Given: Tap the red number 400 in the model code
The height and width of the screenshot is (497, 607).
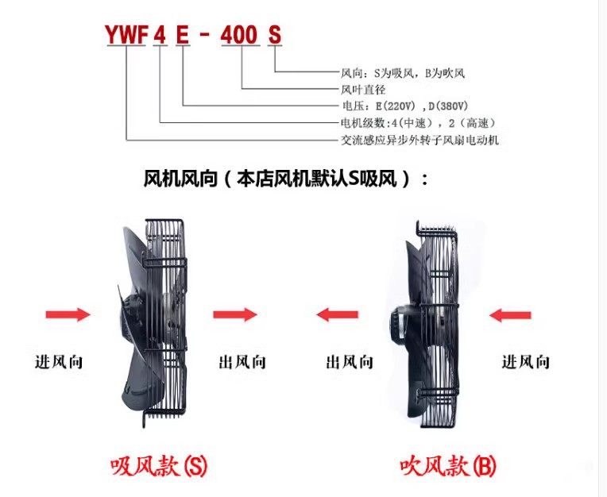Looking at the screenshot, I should tap(240, 35).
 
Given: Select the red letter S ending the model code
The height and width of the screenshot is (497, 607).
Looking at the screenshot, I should tap(275, 35).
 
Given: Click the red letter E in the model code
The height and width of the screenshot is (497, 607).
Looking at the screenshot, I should tap(183, 35).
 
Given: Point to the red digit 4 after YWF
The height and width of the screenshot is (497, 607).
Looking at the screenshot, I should tap(160, 35).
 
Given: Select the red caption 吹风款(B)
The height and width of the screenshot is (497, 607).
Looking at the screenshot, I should tap(448, 464).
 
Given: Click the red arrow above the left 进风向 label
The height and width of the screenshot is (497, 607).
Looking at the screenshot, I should tap(68, 315).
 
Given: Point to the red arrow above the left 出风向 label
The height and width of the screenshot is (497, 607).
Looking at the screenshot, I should tap(235, 315).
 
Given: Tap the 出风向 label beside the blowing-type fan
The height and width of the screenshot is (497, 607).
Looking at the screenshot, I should tap(349, 362).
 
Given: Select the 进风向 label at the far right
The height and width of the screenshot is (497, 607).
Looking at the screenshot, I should tap(525, 362).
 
